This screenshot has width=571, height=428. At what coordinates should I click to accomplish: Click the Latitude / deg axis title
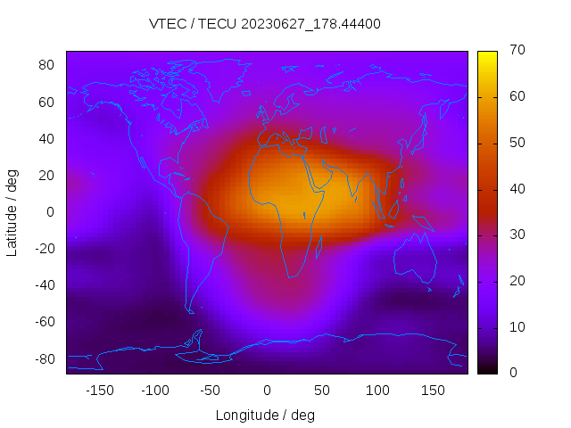pyautogui.click(x=12, y=212)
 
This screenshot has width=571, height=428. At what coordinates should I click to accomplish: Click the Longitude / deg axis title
pyautogui.click(x=265, y=415)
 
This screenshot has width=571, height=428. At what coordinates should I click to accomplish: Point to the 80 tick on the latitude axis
pyautogui.click(x=47, y=65)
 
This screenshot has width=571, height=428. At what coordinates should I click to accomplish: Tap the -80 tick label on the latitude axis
pyautogui.click(x=44, y=358)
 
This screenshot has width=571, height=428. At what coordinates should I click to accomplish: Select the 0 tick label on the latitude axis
pyautogui.click(x=51, y=212)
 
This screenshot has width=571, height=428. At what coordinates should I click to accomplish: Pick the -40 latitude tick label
pyautogui.click(x=44, y=285)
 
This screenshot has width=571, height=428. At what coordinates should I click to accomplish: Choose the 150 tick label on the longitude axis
pyautogui.click(x=433, y=390)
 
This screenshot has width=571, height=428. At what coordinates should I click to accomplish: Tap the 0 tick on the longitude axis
pyautogui.click(x=266, y=390)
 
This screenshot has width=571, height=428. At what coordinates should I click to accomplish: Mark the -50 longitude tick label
pyautogui.click(x=211, y=390)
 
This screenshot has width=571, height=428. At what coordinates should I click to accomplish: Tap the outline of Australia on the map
pyautogui.click(x=415, y=259)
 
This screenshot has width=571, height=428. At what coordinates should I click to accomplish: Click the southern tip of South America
pyautogui.click(x=190, y=311)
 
